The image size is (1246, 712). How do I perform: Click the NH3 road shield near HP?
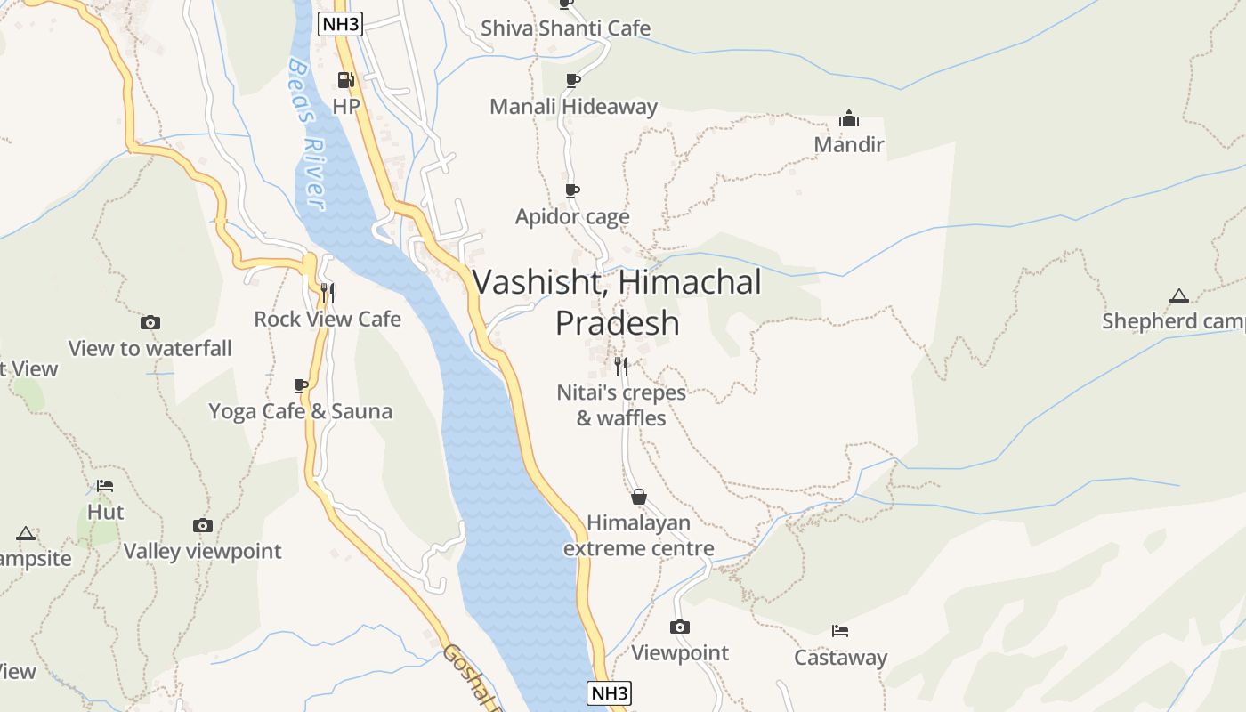[341, 24]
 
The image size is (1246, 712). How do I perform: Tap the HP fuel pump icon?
[345, 81]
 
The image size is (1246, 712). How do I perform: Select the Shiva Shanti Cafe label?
[565, 28]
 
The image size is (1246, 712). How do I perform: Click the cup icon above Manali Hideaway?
[572, 81]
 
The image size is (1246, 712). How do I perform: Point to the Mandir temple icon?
[849, 118]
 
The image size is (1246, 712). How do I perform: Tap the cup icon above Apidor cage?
[572, 191]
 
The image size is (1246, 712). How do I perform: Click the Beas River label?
[306, 133]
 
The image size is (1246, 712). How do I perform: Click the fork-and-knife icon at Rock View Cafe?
[328, 292]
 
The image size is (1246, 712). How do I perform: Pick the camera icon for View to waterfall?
[150, 322]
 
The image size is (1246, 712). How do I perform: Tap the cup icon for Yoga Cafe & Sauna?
[301, 385]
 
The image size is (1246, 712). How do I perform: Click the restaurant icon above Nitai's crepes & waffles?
[621, 365]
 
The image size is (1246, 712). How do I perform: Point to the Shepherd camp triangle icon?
[1179, 295]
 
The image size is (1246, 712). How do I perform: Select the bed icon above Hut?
[105, 486]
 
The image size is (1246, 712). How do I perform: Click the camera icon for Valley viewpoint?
[203, 525]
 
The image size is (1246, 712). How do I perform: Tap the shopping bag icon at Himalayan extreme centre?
[638, 497]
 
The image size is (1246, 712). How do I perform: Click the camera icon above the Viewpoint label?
[680, 627]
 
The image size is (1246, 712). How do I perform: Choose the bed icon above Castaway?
[840, 631]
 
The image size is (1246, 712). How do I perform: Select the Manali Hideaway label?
[573, 107]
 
